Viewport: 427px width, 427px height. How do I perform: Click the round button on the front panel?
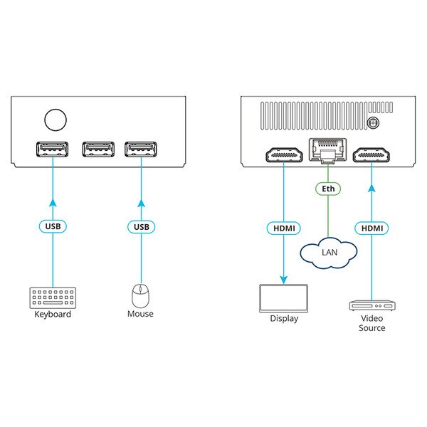pyautogui.click(x=56, y=120)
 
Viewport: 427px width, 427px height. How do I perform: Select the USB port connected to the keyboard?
pyautogui.click(x=52, y=149)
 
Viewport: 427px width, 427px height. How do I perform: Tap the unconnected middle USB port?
pyautogui.click(x=98, y=149)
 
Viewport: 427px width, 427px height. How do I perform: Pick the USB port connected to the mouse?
pyautogui.click(x=141, y=149)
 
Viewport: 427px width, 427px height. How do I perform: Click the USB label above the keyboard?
pyautogui.click(x=53, y=226)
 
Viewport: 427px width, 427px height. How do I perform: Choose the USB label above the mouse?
pyautogui.click(x=142, y=227)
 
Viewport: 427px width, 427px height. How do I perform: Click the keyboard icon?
pyautogui.click(x=53, y=298)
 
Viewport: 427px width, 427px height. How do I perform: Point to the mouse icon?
pyautogui.click(x=140, y=296)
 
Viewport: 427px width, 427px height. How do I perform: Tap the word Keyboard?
pyautogui.click(x=53, y=315)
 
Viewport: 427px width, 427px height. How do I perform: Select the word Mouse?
pyautogui.click(x=140, y=314)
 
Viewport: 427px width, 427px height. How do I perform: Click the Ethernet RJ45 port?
pyautogui.click(x=327, y=151)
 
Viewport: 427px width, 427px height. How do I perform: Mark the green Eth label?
pyautogui.click(x=328, y=189)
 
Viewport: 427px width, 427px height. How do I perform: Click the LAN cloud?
pyautogui.click(x=329, y=253)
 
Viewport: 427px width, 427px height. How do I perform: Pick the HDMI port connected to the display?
pyautogui.click(x=284, y=155)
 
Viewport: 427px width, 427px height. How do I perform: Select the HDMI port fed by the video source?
pyautogui.click(x=371, y=155)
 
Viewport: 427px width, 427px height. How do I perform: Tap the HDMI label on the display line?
pyautogui.click(x=284, y=228)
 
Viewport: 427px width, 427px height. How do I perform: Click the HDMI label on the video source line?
pyautogui.click(x=372, y=228)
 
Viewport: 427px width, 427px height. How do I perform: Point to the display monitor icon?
pyautogui.click(x=283, y=298)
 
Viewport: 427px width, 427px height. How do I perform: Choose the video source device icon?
pyautogui.click(x=372, y=305)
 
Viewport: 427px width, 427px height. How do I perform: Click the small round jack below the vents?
pyautogui.click(x=372, y=123)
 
